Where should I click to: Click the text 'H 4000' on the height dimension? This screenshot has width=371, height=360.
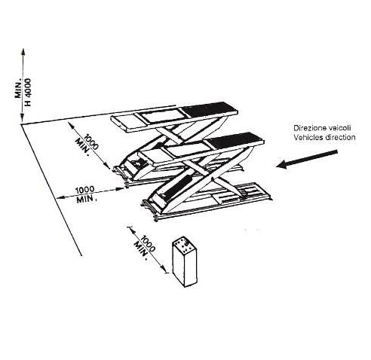pyautogui.click(x=28, y=92)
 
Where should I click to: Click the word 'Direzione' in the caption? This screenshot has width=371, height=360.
pyautogui.click(x=308, y=128)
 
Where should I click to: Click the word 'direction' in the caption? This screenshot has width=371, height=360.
pyautogui.click(x=340, y=137)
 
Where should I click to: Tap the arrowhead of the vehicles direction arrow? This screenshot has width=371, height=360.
pyautogui.click(x=282, y=164)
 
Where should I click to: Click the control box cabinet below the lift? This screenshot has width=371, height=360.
pyautogui.click(x=185, y=263)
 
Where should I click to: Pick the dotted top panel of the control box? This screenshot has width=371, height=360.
pyautogui.click(x=183, y=245)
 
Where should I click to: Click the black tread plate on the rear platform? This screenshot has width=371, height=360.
pyautogui.click(x=210, y=109)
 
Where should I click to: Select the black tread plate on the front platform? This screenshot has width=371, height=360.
pyautogui.click(x=235, y=140)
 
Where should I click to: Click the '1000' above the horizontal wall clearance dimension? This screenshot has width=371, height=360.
pyautogui.click(x=85, y=190)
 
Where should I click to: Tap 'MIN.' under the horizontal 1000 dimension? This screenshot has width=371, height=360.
pyautogui.click(x=87, y=200)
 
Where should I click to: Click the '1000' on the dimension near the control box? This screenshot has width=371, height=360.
pyautogui.click(x=148, y=243)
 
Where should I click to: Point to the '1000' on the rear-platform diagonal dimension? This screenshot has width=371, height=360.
pyautogui.click(x=90, y=142)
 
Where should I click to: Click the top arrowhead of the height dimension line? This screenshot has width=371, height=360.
pyautogui.click(x=23, y=51)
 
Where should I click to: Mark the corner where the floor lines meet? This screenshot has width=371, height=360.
pyautogui.click(x=21, y=124)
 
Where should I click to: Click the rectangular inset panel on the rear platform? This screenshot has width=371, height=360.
pyautogui.click(x=161, y=116)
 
